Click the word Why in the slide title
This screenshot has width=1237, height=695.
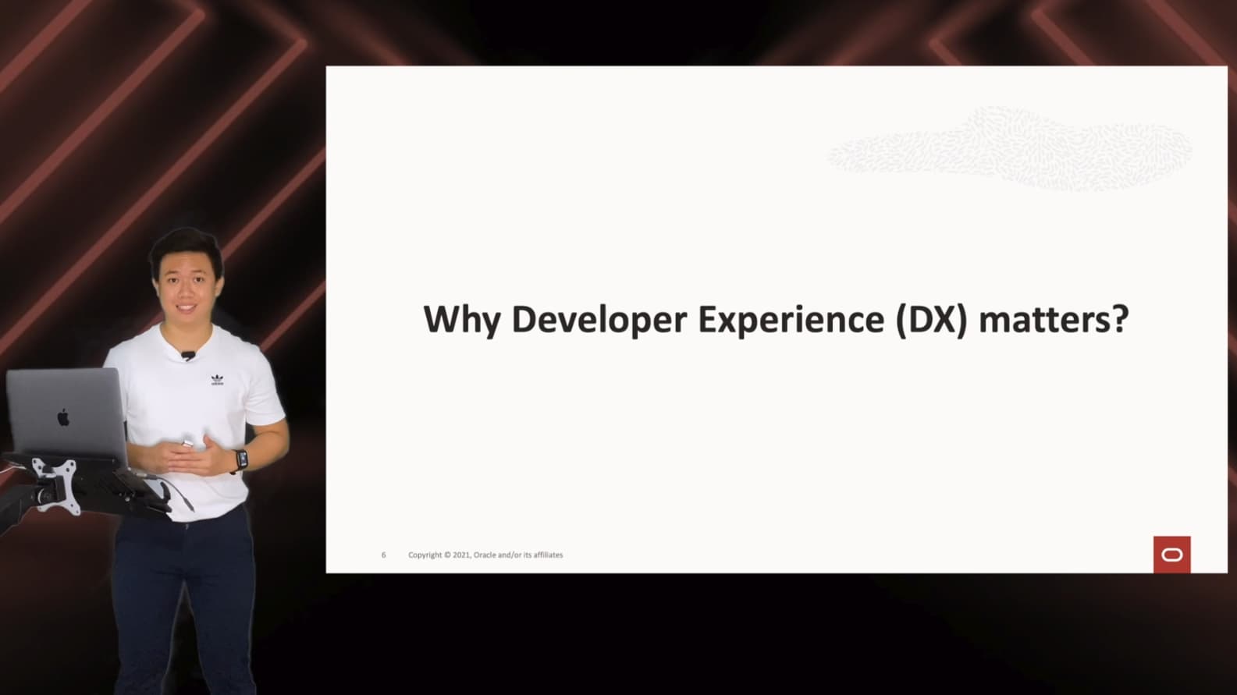(462, 320)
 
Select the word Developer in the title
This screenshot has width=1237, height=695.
(599, 320)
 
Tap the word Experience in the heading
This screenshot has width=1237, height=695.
(791, 320)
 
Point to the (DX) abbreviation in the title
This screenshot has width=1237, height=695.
(932, 320)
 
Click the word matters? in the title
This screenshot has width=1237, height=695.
(1054, 320)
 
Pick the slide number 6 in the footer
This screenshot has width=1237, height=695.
(384, 555)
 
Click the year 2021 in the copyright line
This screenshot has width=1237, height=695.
(462, 555)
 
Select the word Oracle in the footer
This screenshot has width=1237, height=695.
(485, 555)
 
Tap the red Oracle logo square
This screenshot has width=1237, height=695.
(1172, 555)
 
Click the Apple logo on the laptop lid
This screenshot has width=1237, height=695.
(63, 417)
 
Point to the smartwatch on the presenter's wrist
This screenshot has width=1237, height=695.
(241, 460)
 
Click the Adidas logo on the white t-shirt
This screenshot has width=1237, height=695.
(218, 380)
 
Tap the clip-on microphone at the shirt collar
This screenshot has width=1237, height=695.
(188, 355)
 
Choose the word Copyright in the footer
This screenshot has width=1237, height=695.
(425, 555)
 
